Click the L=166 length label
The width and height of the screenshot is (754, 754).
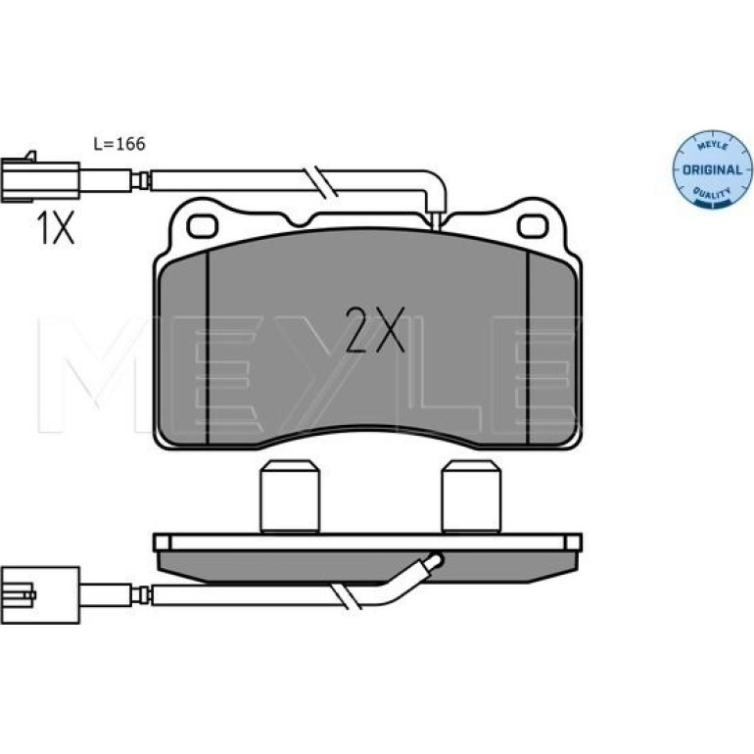click(119, 144)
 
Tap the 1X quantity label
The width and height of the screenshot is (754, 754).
click(56, 228)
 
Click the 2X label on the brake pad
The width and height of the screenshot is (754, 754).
click(376, 329)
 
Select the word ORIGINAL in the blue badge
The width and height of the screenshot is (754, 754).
click(712, 169)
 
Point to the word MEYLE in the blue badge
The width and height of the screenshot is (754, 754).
click(713, 145)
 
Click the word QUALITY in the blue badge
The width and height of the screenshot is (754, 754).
click(712, 194)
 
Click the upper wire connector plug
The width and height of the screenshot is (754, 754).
click(40, 179)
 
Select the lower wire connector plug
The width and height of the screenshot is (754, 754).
click(40, 594)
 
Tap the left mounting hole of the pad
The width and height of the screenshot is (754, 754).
click(203, 226)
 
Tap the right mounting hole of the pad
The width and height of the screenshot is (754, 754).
click(533, 226)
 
